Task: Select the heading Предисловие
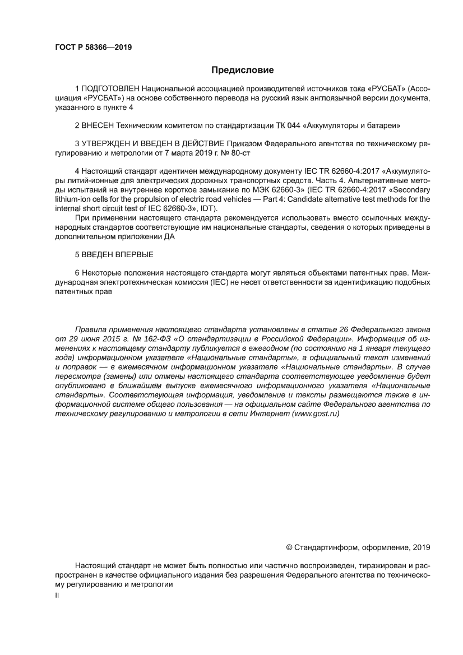tap(242, 70)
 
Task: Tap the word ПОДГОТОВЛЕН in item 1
tap(110, 89)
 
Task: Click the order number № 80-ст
tap(197, 154)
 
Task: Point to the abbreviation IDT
tap(209, 208)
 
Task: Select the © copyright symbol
tap(289, 547)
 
